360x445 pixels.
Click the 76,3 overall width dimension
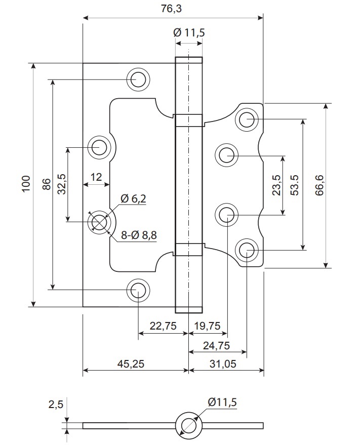[x=171, y=9]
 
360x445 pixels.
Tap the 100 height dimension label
[x=26, y=184]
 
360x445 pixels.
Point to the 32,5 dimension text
[x=62, y=184]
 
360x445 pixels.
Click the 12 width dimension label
[x=96, y=177]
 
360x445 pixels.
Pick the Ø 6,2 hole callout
[x=133, y=198]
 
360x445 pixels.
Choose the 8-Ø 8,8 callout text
[x=139, y=235]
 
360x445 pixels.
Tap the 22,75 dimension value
[x=163, y=326]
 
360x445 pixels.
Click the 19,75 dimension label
[x=207, y=326]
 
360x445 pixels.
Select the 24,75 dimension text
[x=216, y=346]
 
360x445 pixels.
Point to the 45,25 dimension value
[x=131, y=363]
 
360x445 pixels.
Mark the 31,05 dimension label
[x=223, y=363]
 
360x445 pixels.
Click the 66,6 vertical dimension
[x=319, y=185]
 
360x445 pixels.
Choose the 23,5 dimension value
[x=276, y=185]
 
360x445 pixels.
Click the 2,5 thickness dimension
[x=56, y=404]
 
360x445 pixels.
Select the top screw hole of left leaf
[x=138, y=79]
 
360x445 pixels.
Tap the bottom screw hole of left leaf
[x=138, y=290]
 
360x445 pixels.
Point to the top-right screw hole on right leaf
[x=247, y=119]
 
